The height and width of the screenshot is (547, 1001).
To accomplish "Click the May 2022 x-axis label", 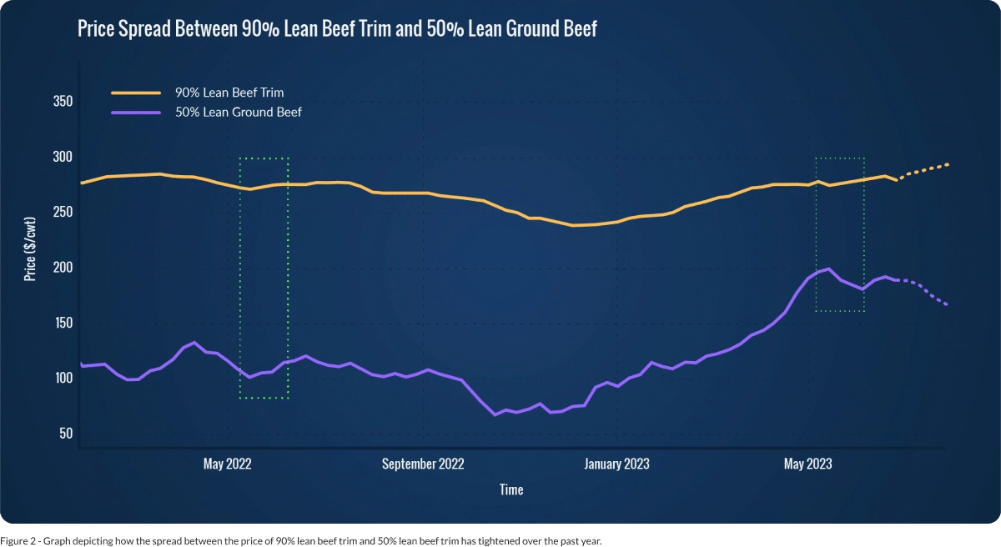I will tap(227, 464).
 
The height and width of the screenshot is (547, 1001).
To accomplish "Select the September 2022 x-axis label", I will tap(423, 464).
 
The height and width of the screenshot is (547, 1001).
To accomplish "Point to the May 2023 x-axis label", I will tap(807, 464).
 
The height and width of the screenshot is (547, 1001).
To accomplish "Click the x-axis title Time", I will tap(511, 489).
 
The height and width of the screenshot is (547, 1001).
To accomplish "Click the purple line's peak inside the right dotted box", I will tap(827, 268).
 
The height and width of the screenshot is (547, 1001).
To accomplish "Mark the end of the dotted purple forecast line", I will tap(947, 304).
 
